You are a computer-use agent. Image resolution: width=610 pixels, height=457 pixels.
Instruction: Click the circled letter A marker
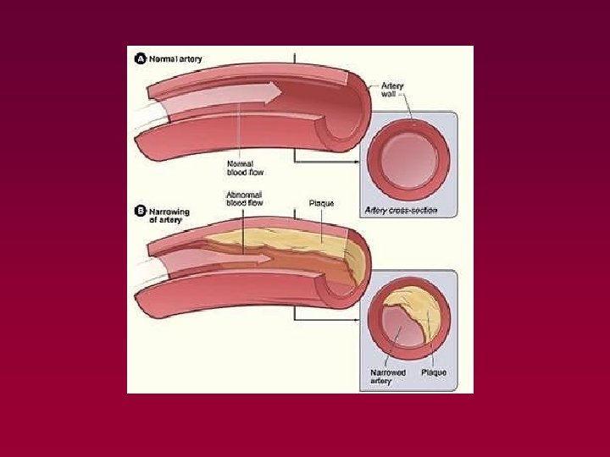click(x=141, y=59)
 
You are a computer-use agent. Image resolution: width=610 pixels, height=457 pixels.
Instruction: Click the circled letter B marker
click(x=141, y=211)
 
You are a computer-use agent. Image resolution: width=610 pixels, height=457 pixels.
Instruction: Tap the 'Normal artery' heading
click(x=175, y=59)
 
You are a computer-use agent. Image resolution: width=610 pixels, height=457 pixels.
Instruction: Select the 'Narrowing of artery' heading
click(x=169, y=215)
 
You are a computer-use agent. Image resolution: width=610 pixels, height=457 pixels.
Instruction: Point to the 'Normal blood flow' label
click(x=245, y=168)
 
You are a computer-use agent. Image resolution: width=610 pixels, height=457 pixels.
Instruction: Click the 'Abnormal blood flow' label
click(x=244, y=198)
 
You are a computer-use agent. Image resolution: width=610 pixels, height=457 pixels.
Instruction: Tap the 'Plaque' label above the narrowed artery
click(x=322, y=203)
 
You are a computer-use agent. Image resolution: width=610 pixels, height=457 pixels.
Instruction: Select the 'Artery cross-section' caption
click(x=401, y=210)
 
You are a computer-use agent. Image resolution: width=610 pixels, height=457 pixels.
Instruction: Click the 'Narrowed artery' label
click(x=389, y=377)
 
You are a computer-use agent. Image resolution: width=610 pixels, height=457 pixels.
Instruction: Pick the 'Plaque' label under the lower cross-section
click(x=434, y=372)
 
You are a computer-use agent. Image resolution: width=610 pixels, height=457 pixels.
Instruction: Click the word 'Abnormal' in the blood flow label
click(x=244, y=194)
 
